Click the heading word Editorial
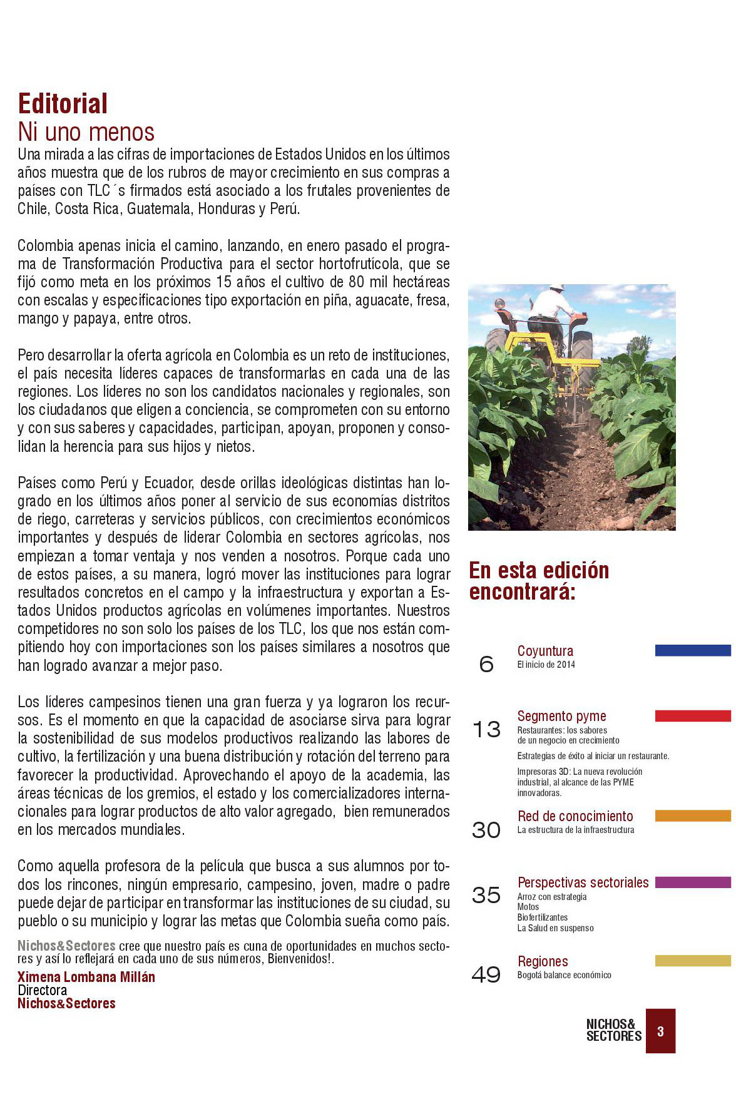[63, 104]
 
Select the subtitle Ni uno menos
[86, 132]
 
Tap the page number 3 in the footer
[660, 1031]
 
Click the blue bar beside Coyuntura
[693, 650]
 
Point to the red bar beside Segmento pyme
[693, 715]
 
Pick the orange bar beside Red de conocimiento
[693, 815]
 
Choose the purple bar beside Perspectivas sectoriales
[693, 882]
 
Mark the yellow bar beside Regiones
[693, 961]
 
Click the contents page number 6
[486, 664]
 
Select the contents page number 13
[486, 729]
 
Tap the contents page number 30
[486, 830]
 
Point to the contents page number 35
[486, 895]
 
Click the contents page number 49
[486, 974]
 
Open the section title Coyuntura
[545, 651]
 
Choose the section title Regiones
[543, 961]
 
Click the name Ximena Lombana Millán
[86, 977]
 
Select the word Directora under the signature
[42, 990]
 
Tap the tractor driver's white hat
[556, 288]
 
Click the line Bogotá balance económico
[564, 975]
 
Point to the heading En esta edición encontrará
[539, 581]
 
